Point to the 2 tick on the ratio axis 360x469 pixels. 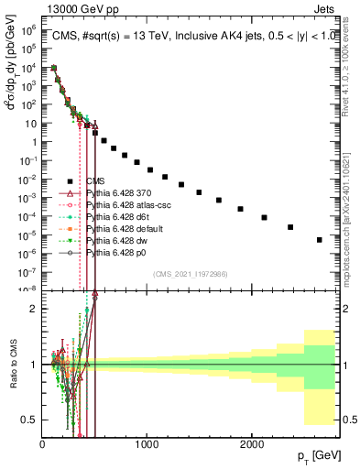(34, 309)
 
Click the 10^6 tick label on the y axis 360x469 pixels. (30, 29)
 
